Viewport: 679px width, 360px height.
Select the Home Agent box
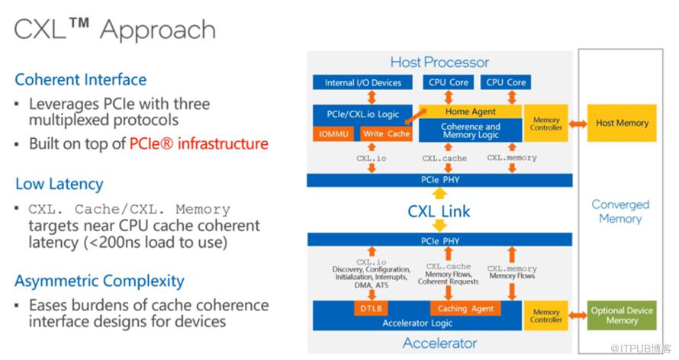click(470, 111)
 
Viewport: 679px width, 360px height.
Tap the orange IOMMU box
click(334, 134)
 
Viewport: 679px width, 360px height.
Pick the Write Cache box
click(386, 134)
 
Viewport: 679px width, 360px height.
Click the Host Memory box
click(622, 123)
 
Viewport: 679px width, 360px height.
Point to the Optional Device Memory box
click(622, 315)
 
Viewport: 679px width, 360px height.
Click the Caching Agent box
click(465, 309)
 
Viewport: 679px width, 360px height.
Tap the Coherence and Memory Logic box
click(471, 131)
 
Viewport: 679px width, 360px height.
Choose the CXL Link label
click(439, 211)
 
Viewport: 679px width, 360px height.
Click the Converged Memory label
click(620, 211)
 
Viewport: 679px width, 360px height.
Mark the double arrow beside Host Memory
click(576, 124)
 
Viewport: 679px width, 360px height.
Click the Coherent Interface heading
click(81, 79)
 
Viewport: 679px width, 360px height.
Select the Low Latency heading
click(59, 184)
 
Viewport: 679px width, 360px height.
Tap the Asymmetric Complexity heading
click(99, 281)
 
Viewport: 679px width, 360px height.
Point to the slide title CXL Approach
click(115, 30)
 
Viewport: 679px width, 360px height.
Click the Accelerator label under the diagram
click(439, 342)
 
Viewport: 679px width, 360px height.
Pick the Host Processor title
click(439, 62)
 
